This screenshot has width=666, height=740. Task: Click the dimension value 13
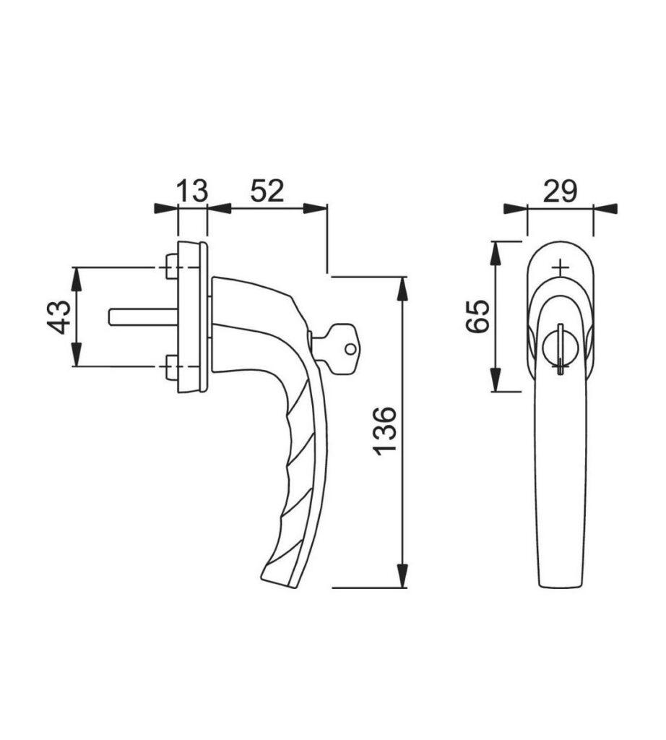pos(192,192)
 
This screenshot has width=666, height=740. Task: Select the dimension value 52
pos(267,192)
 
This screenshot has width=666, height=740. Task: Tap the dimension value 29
pos(560,192)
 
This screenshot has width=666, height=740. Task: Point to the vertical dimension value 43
pos(62,317)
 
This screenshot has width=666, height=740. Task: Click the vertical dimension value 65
pos(478,316)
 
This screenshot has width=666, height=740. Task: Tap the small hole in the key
pos(350,350)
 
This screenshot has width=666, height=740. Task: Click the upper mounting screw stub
pos(170,267)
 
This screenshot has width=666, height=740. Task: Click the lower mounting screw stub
pos(170,367)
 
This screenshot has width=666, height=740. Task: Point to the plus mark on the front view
pos(561,268)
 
